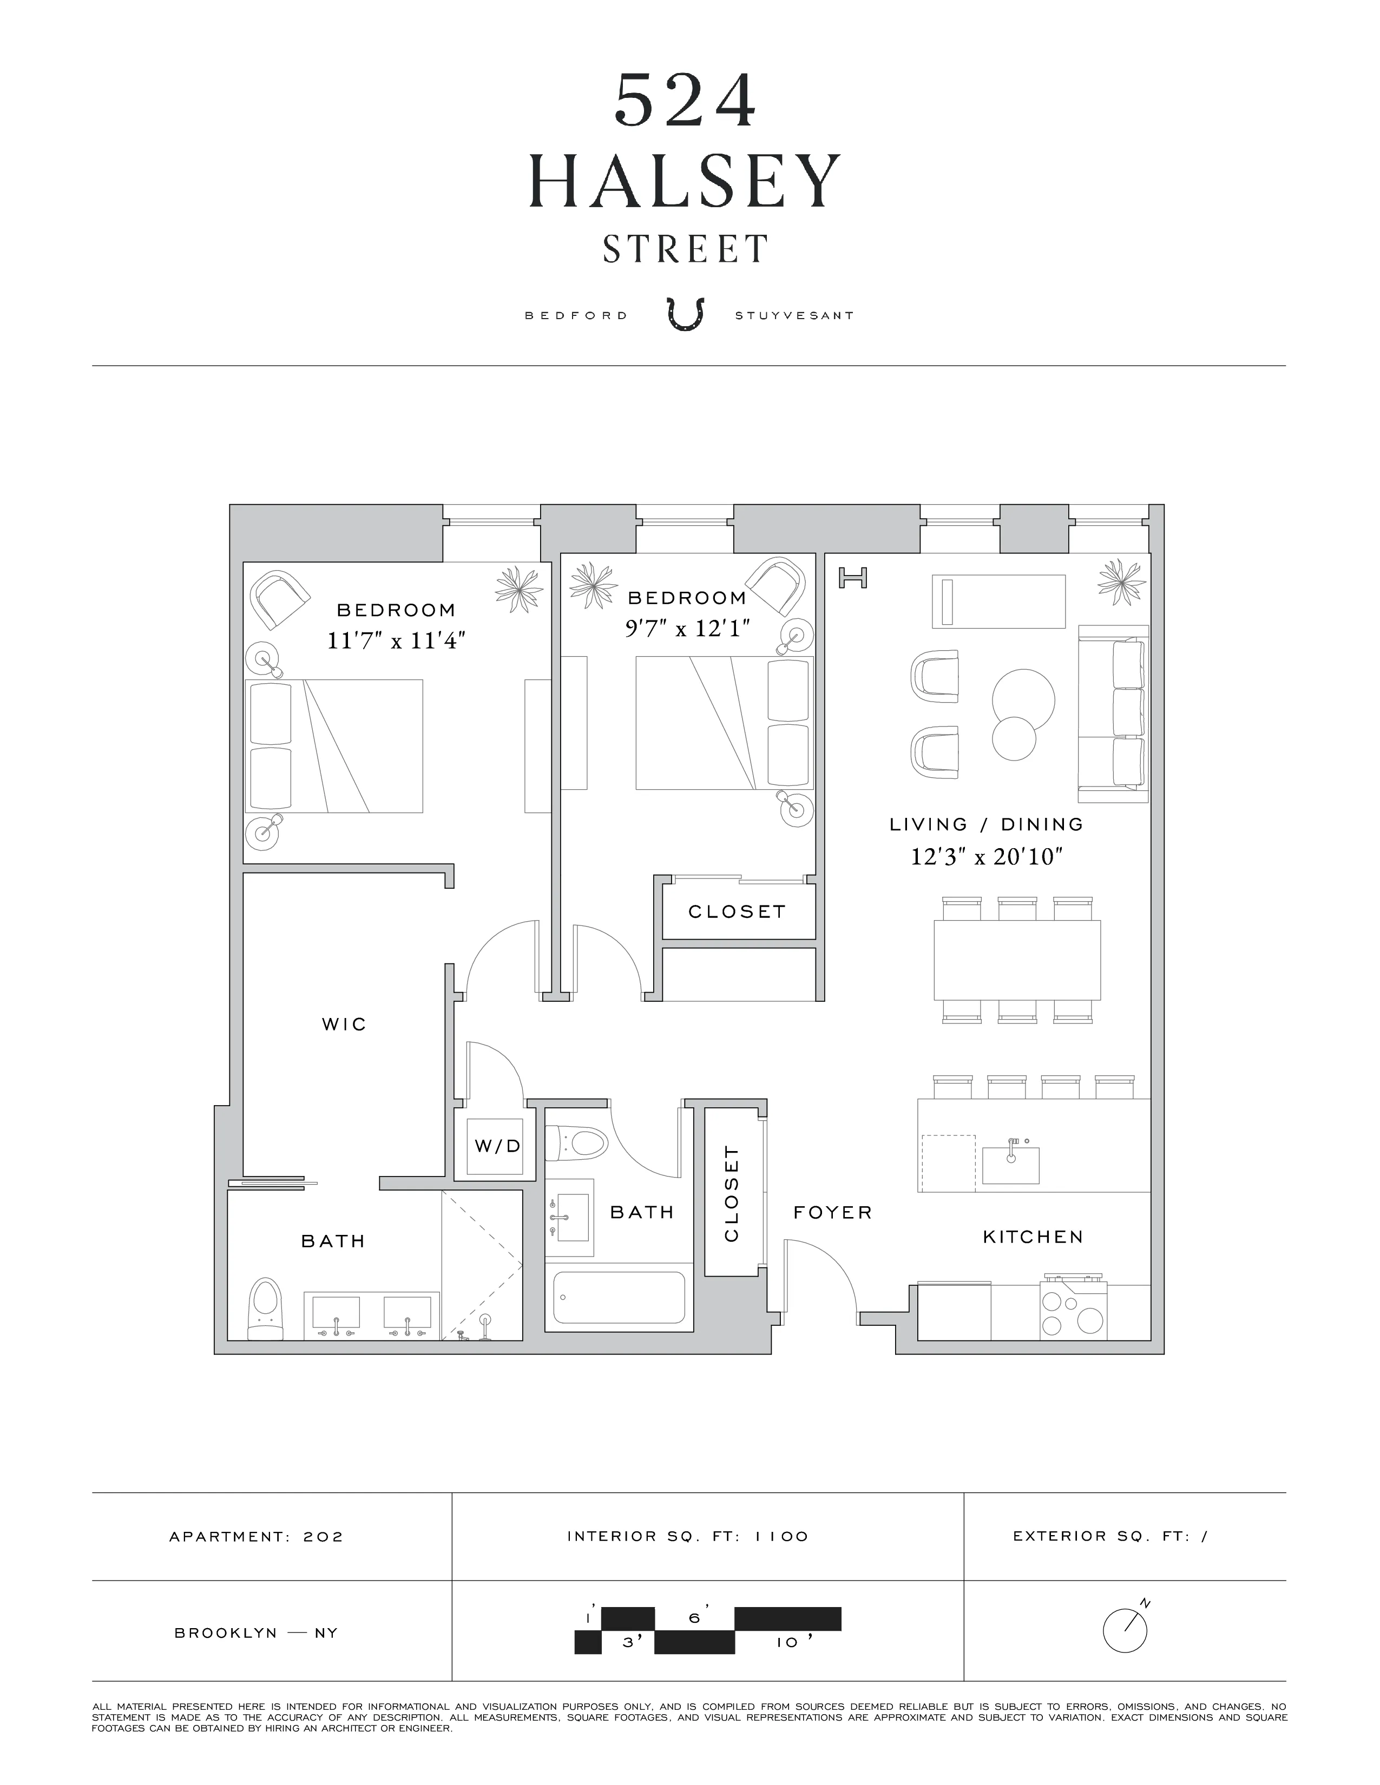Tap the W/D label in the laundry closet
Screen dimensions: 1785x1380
[x=497, y=1146]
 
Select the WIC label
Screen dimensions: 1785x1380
[x=344, y=1024]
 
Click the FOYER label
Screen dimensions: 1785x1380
[x=832, y=1213]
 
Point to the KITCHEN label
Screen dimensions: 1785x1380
[x=1033, y=1238]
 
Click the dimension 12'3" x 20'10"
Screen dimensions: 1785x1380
[x=986, y=857]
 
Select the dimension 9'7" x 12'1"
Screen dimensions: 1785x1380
[x=687, y=629]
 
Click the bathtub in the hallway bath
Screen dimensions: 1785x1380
[x=619, y=1298]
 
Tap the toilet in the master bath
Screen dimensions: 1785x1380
[x=264, y=1308]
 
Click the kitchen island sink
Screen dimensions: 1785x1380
[x=1010, y=1165]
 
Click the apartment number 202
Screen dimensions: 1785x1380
[x=323, y=1537]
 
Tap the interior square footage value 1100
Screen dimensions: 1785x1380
[x=781, y=1537]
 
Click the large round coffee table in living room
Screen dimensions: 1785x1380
[x=1023, y=699]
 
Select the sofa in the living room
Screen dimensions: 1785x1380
[x=1114, y=713]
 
